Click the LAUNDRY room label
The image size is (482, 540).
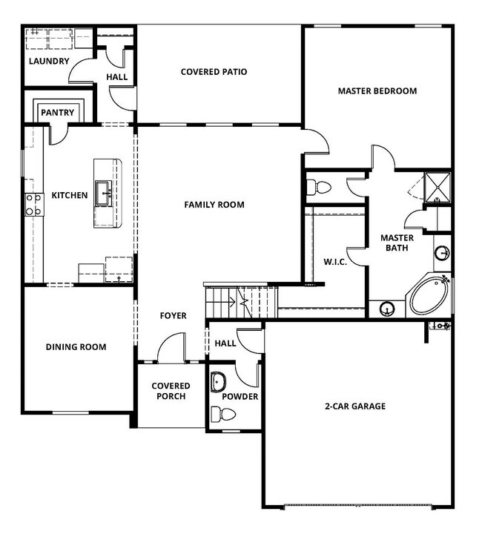tap(49, 61)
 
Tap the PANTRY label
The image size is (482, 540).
tap(57, 113)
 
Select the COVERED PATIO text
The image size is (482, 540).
tap(214, 72)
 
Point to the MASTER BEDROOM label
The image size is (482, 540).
tap(377, 91)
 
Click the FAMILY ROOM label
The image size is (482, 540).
tap(214, 205)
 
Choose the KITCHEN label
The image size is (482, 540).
tap(69, 196)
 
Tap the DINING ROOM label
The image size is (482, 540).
tap(76, 346)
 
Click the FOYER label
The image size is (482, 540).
tap(173, 316)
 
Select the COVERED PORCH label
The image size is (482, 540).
tap(171, 391)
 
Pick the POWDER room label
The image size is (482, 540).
tap(240, 397)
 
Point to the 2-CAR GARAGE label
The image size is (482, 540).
tap(354, 406)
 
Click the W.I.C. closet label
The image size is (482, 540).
tap(335, 262)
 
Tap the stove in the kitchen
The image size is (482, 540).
tap(33, 204)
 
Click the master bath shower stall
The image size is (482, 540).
tap(437, 187)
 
